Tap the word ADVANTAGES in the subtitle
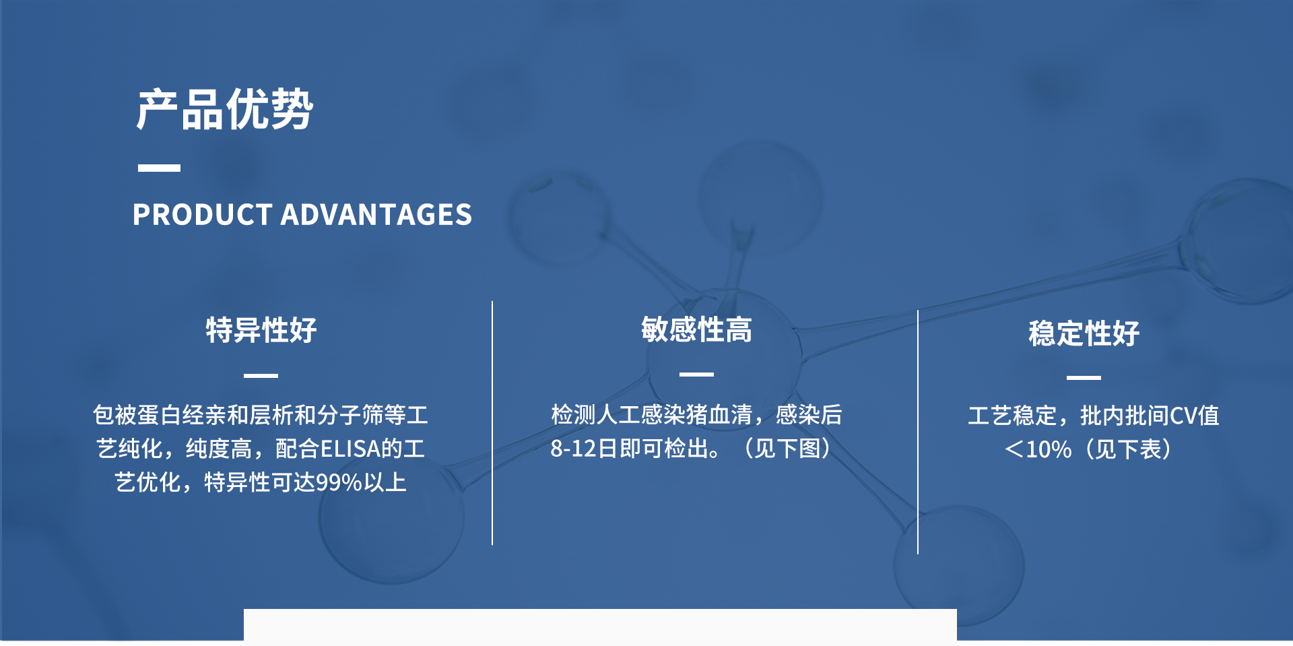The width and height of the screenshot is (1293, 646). coord(376,215)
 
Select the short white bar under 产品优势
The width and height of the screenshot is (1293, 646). coord(159,168)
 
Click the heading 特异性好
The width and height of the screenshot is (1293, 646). coord(261,330)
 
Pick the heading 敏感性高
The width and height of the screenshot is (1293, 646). coord(696,329)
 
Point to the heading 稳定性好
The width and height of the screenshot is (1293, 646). coord(1084,333)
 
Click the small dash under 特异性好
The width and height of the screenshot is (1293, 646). coord(261,375)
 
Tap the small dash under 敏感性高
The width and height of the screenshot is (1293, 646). coord(696,374)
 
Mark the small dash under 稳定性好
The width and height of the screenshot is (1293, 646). coord(1084,378)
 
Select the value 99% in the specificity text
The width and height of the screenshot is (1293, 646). coord(339,482)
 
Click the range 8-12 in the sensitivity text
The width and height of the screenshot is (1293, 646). coord(574,449)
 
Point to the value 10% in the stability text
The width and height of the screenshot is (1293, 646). coord(1049,449)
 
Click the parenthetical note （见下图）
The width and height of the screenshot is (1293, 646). coord(787,449)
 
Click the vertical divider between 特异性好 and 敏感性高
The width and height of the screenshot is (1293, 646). coord(492,423)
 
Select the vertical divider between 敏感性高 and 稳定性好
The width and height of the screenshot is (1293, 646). coord(918,432)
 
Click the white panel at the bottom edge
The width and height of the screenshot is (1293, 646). coord(600,627)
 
